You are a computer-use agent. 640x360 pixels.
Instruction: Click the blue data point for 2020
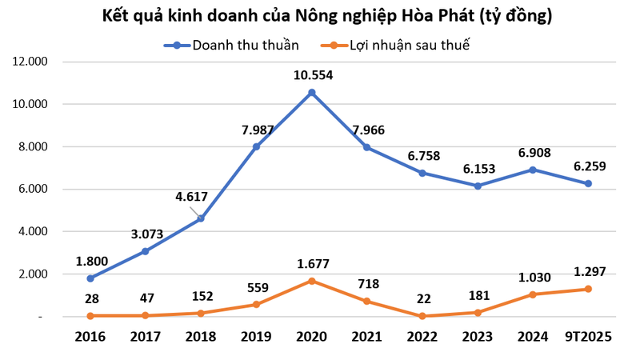click(312, 93)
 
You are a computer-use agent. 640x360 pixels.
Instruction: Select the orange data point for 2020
click(312, 281)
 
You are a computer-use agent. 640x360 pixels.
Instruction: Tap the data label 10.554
click(312, 76)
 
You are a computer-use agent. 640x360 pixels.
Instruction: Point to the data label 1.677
click(312, 264)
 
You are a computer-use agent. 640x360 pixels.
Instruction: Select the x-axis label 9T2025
click(588, 337)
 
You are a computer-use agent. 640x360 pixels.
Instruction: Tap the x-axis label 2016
click(90, 337)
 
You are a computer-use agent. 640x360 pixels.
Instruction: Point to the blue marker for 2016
click(90, 278)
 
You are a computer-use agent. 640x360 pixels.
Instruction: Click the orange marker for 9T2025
click(588, 289)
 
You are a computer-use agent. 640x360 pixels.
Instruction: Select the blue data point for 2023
click(478, 186)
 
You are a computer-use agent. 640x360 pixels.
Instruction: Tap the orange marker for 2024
click(533, 294)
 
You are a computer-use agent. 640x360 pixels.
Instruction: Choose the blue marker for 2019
click(257, 146)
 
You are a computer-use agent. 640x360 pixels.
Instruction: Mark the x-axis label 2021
click(367, 337)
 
